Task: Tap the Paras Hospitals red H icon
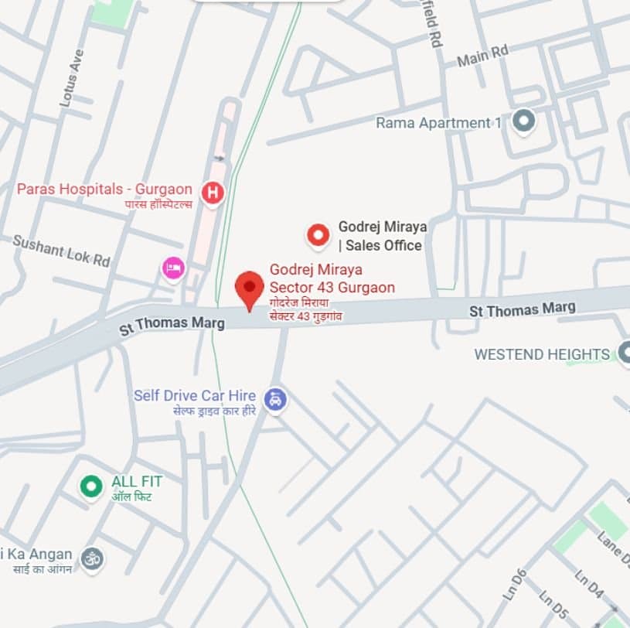click(212, 192)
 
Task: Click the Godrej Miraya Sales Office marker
click(318, 235)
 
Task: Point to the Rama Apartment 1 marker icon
click(524, 121)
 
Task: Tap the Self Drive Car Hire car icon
click(274, 400)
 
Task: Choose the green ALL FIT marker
click(91, 486)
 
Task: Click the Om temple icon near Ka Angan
click(92, 558)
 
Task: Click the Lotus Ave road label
click(71, 78)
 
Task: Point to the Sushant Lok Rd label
click(61, 251)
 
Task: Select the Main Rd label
click(483, 56)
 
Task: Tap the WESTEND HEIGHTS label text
click(542, 354)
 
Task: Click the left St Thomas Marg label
click(172, 323)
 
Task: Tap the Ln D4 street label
click(589, 585)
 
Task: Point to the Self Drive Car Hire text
click(195, 395)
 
